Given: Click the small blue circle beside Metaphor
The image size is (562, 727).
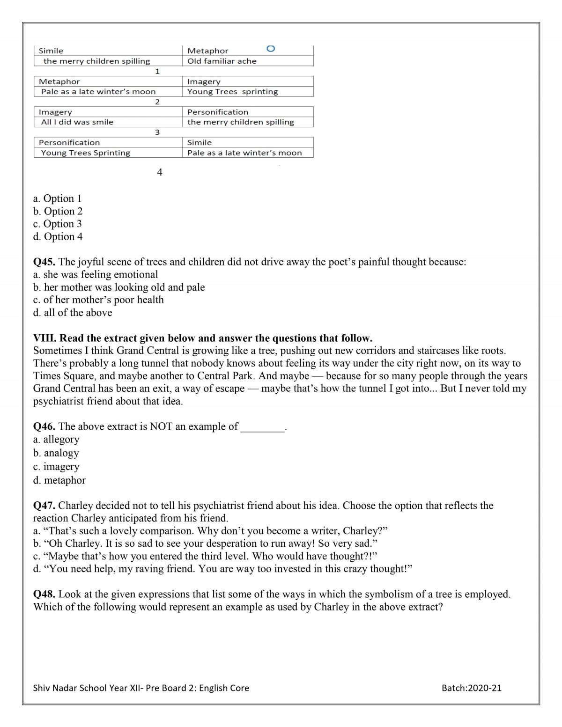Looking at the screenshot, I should (270, 49).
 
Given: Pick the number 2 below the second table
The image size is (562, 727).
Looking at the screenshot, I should (157, 102).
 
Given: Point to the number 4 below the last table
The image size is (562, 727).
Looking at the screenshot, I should (160, 172).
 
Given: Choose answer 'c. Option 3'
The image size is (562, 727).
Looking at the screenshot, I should (58, 224).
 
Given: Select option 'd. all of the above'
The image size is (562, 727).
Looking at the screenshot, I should (73, 313).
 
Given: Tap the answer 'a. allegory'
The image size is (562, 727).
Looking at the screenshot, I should (56, 440).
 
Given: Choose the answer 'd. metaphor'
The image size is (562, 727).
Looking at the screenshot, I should (59, 480).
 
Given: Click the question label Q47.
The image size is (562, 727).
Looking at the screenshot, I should (44, 506).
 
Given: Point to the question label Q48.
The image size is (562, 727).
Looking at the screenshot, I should (44, 594).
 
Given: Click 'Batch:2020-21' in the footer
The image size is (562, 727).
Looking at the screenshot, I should (471, 688).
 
